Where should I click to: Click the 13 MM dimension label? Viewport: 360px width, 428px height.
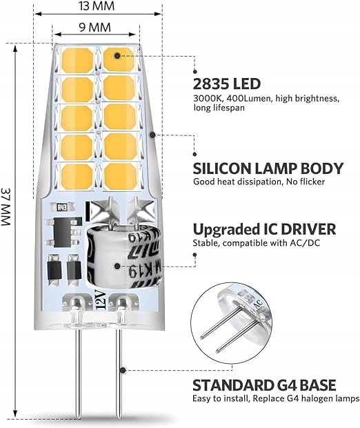click(97, 6)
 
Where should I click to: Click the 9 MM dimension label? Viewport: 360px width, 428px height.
click(95, 28)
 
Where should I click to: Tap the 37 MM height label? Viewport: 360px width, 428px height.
click(6, 206)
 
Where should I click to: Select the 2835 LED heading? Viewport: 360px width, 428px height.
click(227, 84)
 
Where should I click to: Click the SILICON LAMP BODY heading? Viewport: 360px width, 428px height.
click(268, 168)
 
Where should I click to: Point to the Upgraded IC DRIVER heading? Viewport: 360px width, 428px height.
click(264, 229)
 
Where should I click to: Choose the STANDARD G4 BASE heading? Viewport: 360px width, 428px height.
click(264, 385)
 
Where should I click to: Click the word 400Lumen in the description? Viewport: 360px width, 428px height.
click(249, 99)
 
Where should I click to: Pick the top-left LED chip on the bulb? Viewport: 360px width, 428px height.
click(77, 60)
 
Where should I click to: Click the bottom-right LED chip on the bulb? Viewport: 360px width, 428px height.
click(120, 176)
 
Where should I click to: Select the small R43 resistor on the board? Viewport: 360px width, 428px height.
click(62, 208)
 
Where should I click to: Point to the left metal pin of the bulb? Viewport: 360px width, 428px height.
click(78, 373)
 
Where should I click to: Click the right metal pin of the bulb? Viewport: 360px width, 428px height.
click(119, 373)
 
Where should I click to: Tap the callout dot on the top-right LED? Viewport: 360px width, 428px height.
click(117, 56)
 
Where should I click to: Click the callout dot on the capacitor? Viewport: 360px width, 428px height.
click(117, 266)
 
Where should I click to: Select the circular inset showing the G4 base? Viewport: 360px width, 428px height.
click(232, 323)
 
